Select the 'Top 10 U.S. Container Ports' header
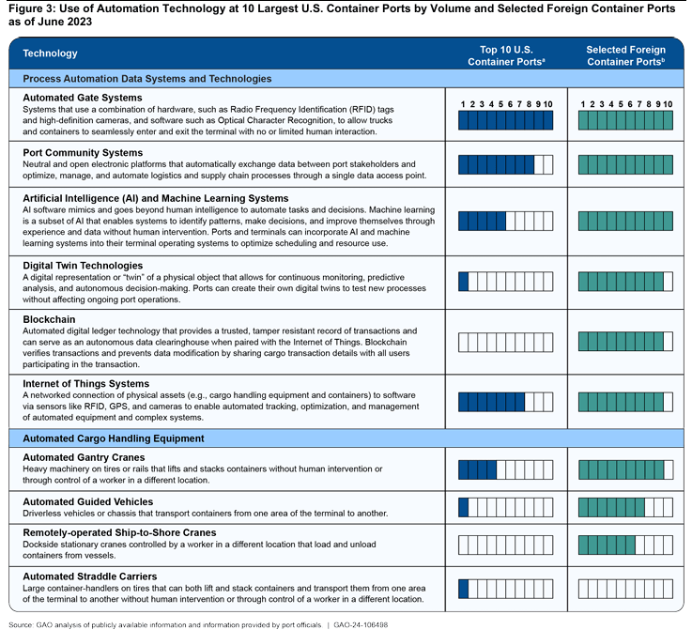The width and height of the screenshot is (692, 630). [505, 54]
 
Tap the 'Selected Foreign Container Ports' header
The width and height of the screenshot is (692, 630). [625, 54]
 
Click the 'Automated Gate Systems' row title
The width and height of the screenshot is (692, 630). [82, 98]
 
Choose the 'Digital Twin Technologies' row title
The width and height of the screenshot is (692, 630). [83, 266]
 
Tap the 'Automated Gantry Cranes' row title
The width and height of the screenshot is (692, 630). [84, 457]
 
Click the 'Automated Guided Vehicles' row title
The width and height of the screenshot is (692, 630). [87, 502]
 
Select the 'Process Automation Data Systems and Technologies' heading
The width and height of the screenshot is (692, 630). [146, 79]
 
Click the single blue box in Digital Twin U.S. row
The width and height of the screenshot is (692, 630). [463, 281]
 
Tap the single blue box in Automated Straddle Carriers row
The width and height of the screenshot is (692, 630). [463, 589]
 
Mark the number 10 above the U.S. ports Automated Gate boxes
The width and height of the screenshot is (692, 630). [547, 103]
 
